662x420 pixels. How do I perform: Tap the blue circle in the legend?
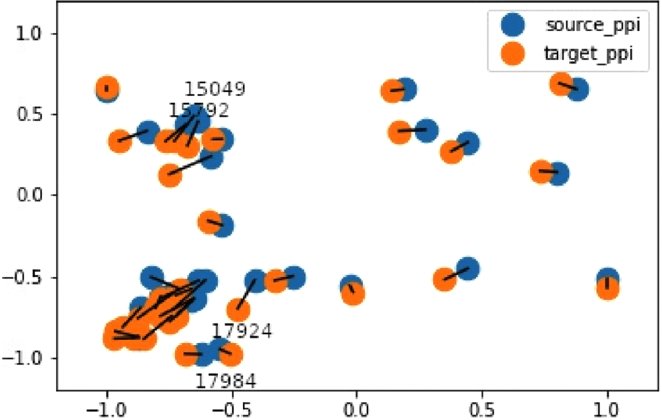[x=513, y=25]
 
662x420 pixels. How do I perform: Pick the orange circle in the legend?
[x=513, y=54]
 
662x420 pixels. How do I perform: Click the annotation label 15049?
[x=214, y=89]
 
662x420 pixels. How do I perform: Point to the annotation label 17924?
[x=242, y=331]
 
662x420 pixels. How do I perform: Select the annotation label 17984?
[x=226, y=380]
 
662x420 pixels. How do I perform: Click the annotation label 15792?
[x=199, y=110]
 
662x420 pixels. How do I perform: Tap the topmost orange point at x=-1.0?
[x=106, y=87]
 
